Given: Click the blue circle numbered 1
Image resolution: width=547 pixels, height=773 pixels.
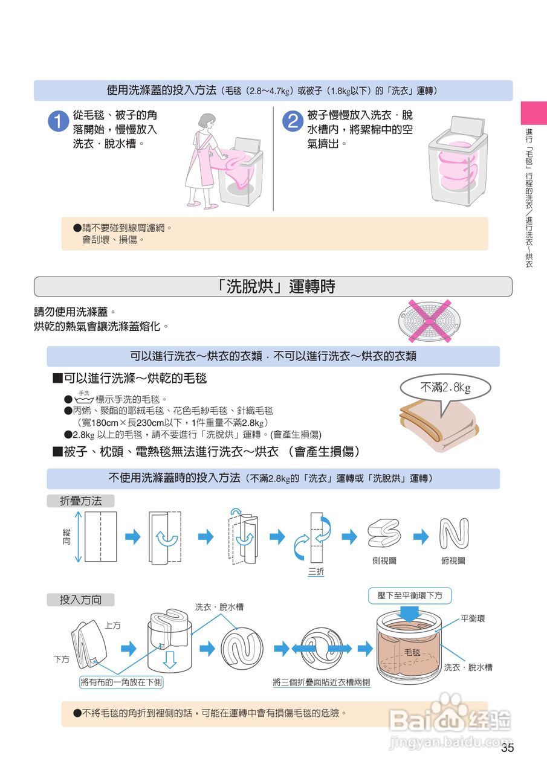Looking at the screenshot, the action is click(x=59, y=121).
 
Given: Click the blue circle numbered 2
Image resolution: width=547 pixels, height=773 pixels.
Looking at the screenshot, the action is click(x=293, y=121).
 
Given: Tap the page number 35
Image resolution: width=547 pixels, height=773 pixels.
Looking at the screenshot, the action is click(x=508, y=748).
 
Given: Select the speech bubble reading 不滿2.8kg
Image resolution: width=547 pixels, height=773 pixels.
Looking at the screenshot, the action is click(x=445, y=390).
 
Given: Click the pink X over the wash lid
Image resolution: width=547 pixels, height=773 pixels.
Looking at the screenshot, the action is click(x=430, y=321).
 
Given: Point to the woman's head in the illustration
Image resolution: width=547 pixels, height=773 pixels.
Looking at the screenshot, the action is click(x=207, y=121).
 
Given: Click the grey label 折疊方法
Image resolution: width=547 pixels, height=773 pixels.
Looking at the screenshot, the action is click(x=80, y=501).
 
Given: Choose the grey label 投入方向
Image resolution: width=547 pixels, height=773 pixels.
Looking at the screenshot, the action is click(x=80, y=600).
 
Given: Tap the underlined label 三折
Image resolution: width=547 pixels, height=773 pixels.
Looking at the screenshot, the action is click(x=316, y=571).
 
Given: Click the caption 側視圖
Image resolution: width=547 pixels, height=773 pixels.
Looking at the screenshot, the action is click(x=384, y=560).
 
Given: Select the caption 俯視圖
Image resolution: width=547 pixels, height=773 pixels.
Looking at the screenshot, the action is click(x=453, y=560).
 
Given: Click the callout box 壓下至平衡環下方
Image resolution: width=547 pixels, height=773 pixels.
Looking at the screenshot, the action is click(x=410, y=595).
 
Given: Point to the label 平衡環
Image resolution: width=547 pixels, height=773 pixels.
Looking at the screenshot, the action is click(x=473, y=618).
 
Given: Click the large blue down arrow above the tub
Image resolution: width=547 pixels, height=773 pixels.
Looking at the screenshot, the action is click(x=410, y=614).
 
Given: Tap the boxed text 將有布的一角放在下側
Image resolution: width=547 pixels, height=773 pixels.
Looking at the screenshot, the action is click(x=121, y=682).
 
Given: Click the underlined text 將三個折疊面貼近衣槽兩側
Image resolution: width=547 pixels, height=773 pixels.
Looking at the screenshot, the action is click(x=322, y=682).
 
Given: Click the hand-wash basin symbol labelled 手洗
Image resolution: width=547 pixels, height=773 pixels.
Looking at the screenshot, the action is click(x=84, y=398).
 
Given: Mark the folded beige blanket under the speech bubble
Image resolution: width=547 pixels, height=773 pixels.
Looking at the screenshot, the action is click(x=439, y=426).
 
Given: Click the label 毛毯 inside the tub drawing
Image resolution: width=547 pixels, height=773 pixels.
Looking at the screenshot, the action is click(x=412, y=652).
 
